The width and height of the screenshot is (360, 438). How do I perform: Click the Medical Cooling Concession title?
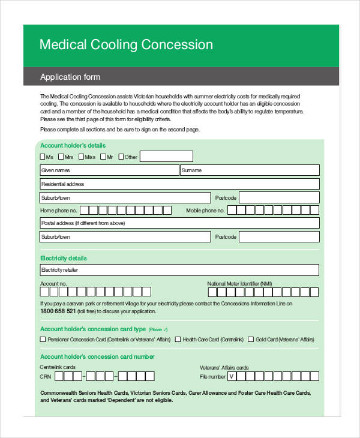coord(126,45)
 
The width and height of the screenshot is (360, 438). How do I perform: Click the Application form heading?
coord(70,77)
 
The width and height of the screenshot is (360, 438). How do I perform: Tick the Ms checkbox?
coord(43,157)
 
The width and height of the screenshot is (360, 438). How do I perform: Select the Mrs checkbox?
coord(61,157)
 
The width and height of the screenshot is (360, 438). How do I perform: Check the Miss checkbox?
coord(81,157)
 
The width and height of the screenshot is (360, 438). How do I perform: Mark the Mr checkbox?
coord(103,157)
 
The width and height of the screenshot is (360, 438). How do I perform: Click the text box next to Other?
coord(166,157)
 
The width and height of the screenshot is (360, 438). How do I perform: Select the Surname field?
coord(250,170)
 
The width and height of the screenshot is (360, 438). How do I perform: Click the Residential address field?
coord(179,184)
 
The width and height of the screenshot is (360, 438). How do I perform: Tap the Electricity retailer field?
coord(179,270)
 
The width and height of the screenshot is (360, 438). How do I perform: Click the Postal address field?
coord(179,223)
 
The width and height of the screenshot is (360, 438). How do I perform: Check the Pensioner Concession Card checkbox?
coord(43,339)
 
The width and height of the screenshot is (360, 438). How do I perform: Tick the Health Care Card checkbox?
coord(178,339)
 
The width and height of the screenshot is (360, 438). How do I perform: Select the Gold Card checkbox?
coord(251,339)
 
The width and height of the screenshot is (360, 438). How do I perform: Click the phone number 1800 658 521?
coord(58,311)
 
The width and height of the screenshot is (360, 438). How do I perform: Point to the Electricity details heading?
coord(63,258)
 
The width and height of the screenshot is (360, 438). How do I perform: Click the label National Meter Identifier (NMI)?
coord(239,284)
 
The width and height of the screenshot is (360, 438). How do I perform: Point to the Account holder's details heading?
coord(73,145)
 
